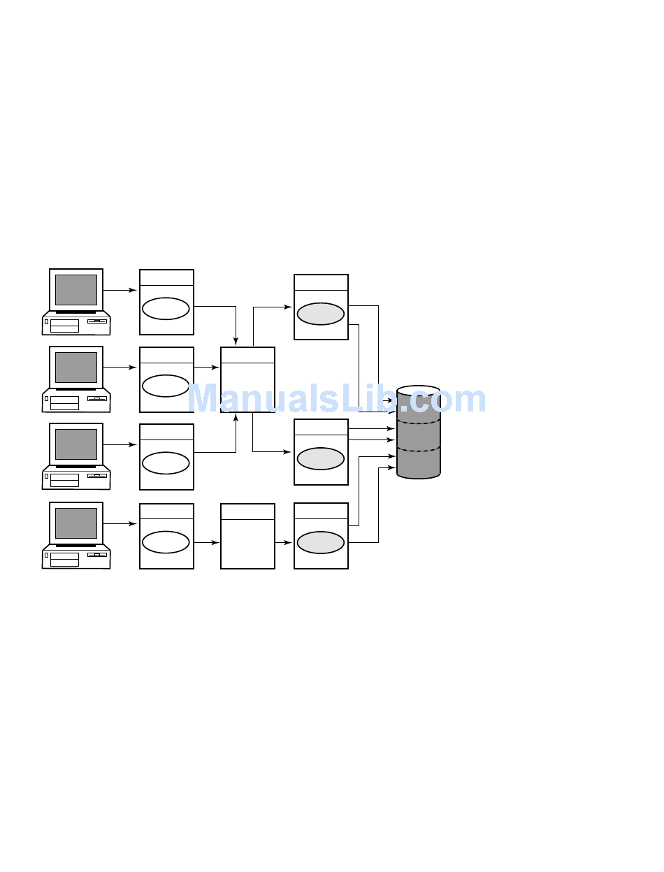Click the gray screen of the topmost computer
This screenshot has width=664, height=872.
click(76, 289)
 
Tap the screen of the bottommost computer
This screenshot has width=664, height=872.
click(76, 523)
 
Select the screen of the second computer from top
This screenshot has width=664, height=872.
click(76, 367)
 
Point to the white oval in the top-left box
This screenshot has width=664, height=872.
click(166, 309)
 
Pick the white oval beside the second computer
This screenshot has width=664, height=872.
click(166, 386)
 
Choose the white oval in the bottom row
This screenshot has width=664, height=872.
click(166, 542)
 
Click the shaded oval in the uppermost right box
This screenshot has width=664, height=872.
click(321, 314)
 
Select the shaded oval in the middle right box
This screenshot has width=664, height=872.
click(321, 458)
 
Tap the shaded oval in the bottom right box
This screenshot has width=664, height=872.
click(321, 542)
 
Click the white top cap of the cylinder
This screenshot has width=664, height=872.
click(418, 390)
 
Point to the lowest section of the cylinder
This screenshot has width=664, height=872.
click(418, 463)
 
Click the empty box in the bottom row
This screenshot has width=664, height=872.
click(247, 544)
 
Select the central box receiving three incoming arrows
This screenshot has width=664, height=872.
click(247, 387)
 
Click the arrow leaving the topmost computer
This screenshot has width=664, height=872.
click(120, 290)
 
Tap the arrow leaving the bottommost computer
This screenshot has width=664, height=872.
click(120, 523)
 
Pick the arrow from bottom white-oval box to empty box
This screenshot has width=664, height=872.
click(207, 542)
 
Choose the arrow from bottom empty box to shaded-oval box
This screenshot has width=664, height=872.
click(284, 542)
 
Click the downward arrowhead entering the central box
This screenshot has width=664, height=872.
click(236, 340)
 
